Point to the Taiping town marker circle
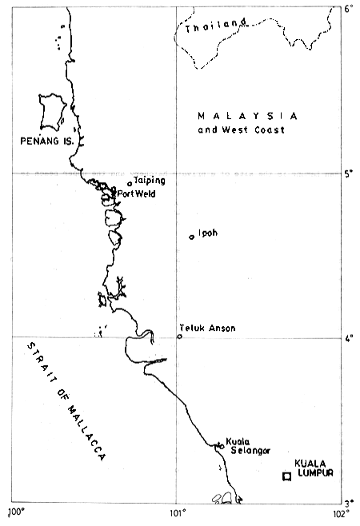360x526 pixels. click(130, 184)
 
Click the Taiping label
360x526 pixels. click(150, 180)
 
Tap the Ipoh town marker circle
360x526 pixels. click(191, 237)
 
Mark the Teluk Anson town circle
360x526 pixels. click(180, 336)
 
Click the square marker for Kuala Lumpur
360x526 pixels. click(286, 476)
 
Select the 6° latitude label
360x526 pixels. click(348, 9)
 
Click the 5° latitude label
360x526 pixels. click(348, 173)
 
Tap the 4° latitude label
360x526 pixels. click(348, 338)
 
